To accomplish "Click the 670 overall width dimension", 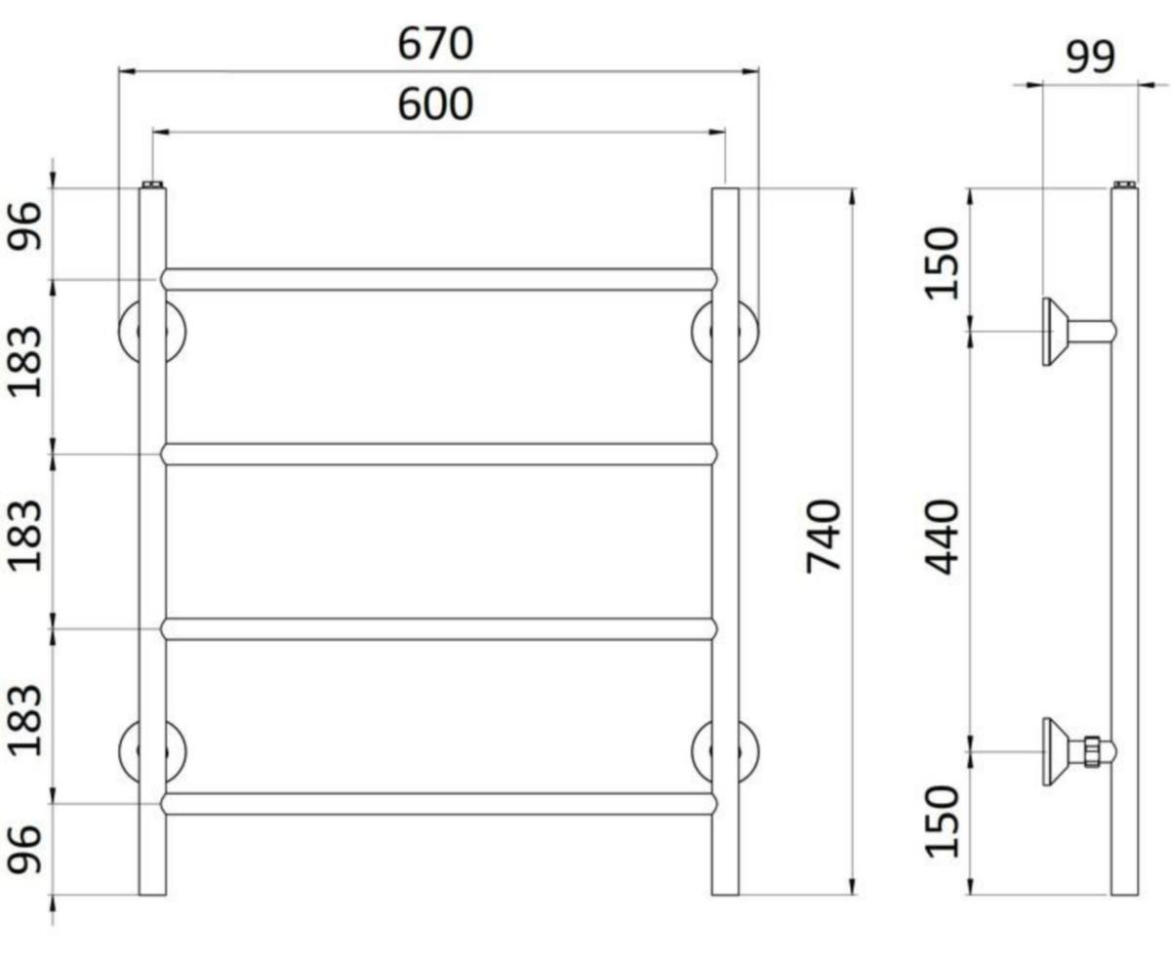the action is [x=435, y=44].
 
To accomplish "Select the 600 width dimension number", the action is [x=435, y=104].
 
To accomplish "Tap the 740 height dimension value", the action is [x=824, y=536].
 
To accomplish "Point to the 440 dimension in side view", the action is [x=942, y=537].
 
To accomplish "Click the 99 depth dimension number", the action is [x=1090, y=57].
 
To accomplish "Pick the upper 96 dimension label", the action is [x=24, y=226].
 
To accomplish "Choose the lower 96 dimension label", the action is [x=24, y=850].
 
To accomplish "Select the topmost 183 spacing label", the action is [x=24, y=362].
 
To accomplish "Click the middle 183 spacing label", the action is [x=24, y=536].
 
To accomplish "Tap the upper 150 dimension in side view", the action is [x=942, y=263].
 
